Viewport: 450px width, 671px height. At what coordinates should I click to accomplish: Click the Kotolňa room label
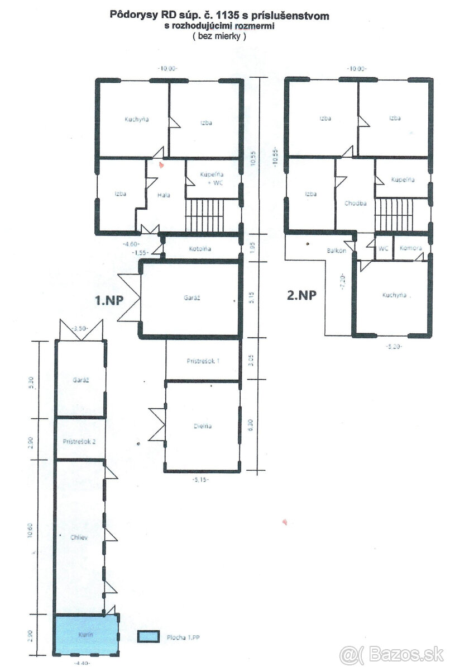[199, 249]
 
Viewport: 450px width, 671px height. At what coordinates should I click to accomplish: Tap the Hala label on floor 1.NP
[163, 195]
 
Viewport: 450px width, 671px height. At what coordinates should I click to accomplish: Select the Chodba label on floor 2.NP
[355, 203]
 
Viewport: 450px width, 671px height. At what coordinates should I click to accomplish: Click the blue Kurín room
[86, 635]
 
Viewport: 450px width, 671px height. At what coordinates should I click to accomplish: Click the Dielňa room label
[203, 426]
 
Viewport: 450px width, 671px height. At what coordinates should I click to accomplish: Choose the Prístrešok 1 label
[203, 361]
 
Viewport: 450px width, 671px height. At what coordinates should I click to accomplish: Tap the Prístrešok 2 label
[80, 441]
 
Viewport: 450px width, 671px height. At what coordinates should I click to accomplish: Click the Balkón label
[337, 251]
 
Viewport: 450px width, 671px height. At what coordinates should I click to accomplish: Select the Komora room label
[410, 248]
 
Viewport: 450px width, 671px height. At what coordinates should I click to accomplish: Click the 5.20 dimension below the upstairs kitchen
[393, 346]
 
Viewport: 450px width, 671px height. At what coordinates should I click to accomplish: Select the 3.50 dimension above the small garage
[80, 329]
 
